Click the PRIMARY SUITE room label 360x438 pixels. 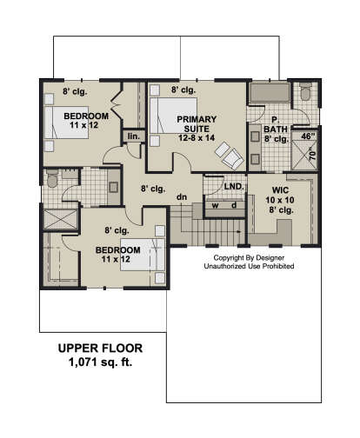197,124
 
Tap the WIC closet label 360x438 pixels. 280,190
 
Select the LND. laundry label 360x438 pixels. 234,186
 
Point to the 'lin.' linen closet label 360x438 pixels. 134,136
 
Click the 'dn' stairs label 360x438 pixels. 182,197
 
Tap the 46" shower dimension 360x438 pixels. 308,136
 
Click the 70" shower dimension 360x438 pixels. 312,155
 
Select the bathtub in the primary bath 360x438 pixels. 270,92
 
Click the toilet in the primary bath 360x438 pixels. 305,91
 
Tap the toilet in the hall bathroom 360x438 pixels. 52,178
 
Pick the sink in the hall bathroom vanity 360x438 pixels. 113,188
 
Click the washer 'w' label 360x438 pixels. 215,205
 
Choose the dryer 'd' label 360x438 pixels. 234,205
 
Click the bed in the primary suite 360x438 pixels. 174,116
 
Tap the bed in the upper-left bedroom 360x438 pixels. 66,123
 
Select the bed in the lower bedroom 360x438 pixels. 143,255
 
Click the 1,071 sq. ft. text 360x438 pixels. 100,362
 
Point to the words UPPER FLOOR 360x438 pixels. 100,348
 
